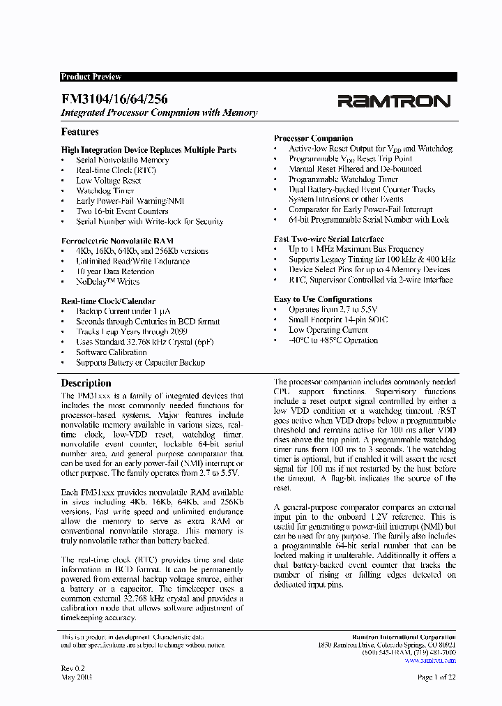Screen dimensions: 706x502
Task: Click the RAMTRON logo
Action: [394, 101]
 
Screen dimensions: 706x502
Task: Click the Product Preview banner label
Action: [91, 77]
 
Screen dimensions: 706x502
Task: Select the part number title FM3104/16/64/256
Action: [114, 100]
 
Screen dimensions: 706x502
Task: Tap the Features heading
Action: [80, 132]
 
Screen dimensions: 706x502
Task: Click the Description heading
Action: [86, 383]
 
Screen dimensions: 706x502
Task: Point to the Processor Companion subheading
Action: [313, 138]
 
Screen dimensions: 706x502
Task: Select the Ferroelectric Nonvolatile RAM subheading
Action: [117, 241]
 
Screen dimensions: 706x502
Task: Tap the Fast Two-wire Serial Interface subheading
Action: [329, 239]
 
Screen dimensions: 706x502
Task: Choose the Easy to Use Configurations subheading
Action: [323, 299]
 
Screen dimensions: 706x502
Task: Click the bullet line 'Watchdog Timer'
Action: [105, 190]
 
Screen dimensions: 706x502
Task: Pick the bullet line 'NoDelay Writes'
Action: [107, 282]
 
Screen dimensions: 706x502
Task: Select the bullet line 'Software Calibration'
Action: [112, 352]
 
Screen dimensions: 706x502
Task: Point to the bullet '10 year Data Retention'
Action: [115, 271]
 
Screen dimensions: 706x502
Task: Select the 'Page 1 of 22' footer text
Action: [436, 677]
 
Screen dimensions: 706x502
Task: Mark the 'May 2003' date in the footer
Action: [77, 677]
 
